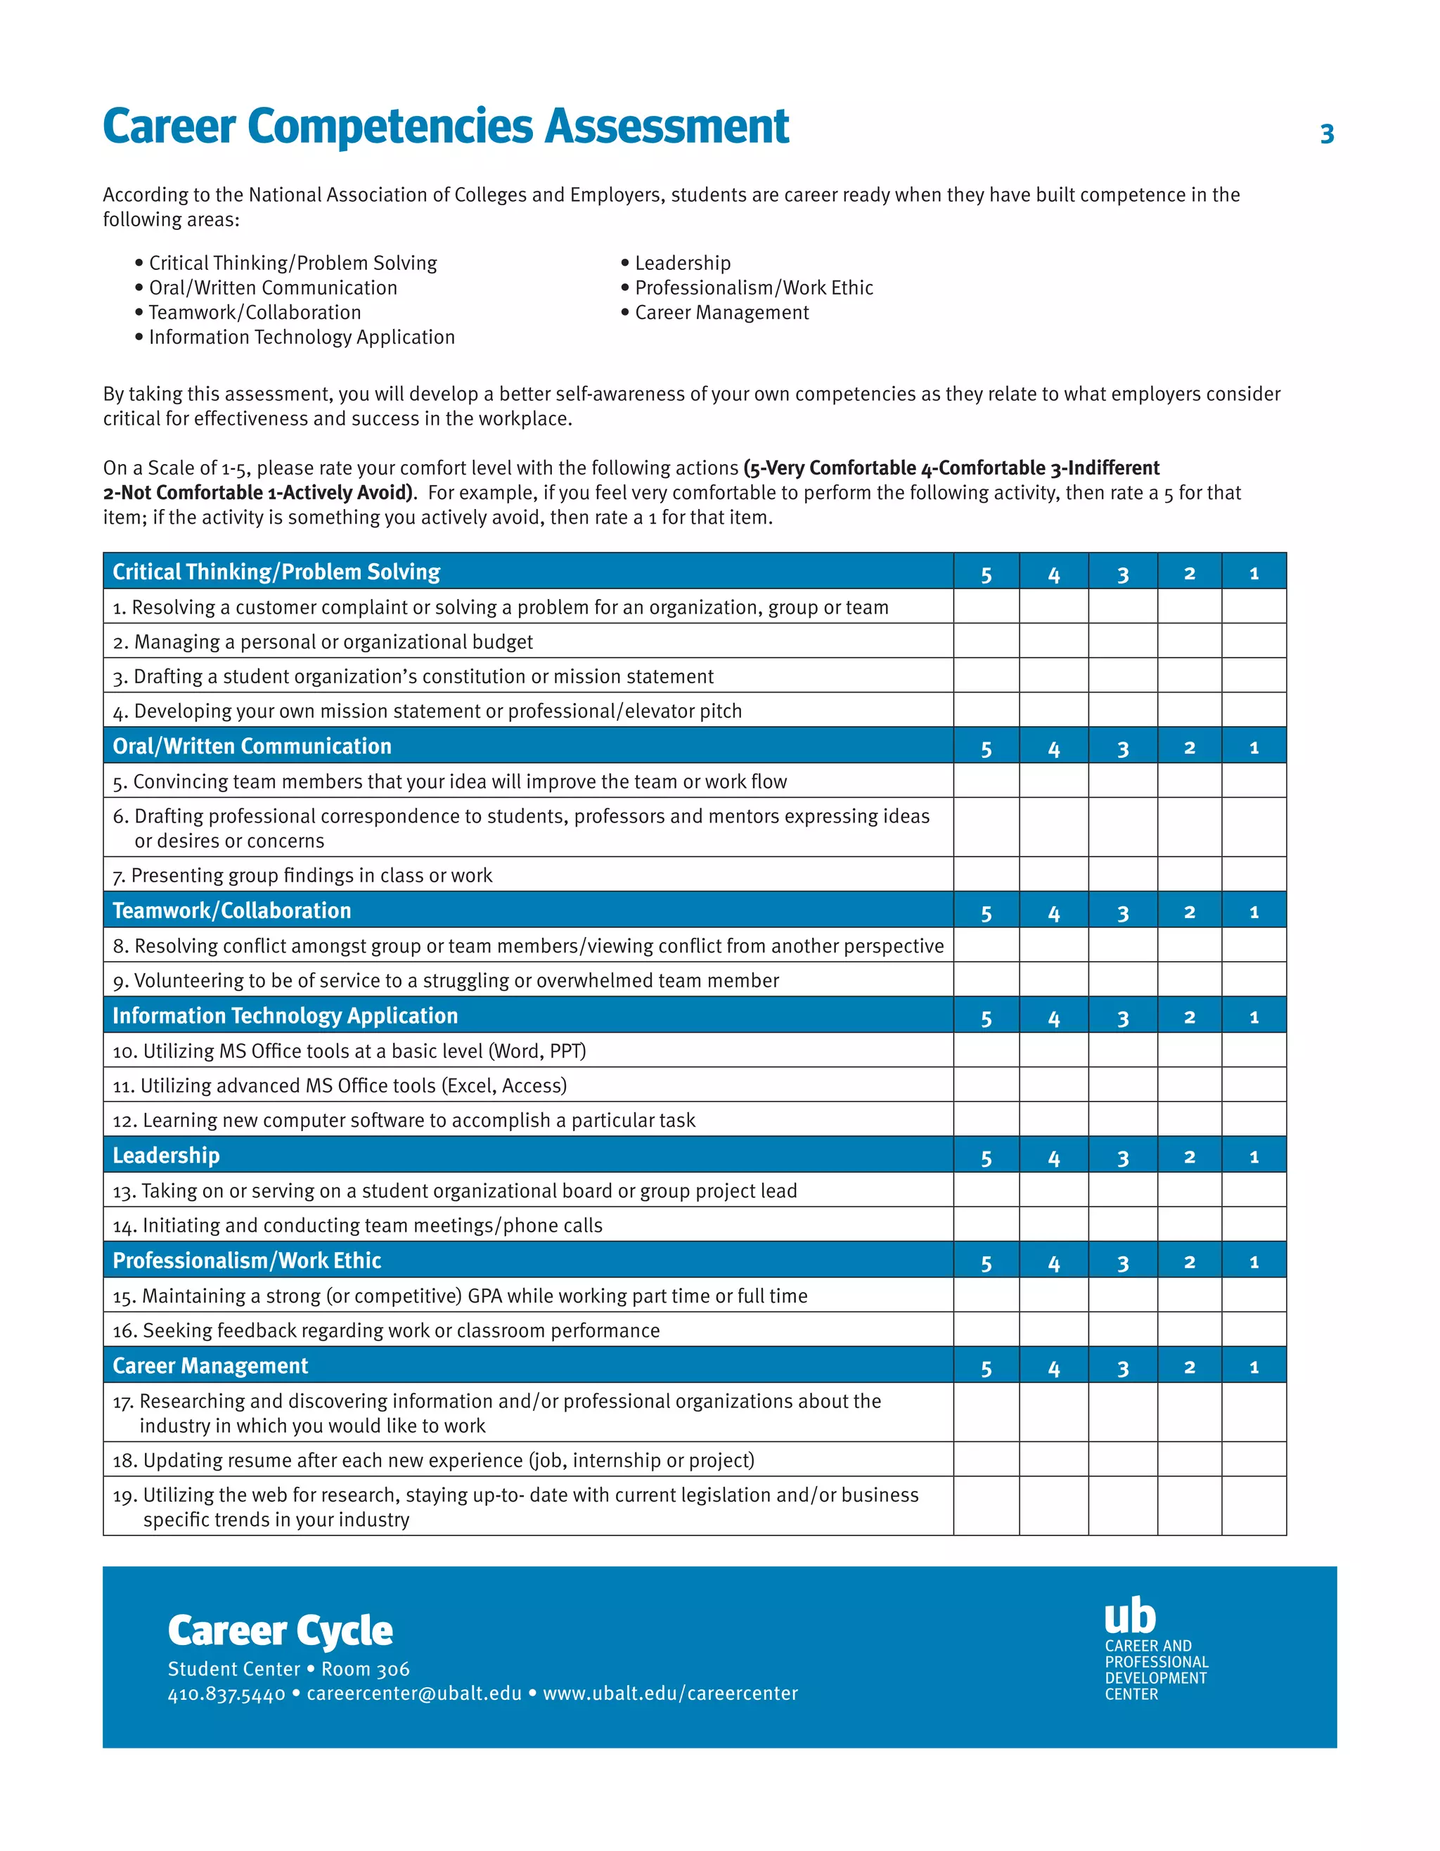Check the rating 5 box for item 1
click(x=986, y=607)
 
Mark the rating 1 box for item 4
click(x=1254, y=710)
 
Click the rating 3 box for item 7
click(x=1122, y=875)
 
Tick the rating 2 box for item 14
click(x=1189, y=1225)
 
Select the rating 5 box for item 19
click(x=986, y=1506)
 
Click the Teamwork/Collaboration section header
click(x=231, y=910)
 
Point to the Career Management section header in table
click(x=210, y=1365)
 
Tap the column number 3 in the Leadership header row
click(x=1122, y=1158)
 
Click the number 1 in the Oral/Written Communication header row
click(x=1254, y=747)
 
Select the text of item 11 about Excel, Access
click(x=340, y=1085)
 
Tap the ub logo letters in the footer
click(x=1130, y=1615)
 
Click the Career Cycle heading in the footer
click(x=280, y=1631)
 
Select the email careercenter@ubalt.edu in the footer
click(x=413, y=1694)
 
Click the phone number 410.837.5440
click(x=226, y=1694)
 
